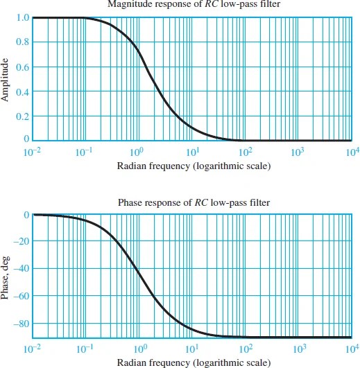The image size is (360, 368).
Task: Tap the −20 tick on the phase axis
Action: click(21, 241)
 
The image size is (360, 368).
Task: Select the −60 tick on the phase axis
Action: click(21, 296)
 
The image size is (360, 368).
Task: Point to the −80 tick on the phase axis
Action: click(21, 323)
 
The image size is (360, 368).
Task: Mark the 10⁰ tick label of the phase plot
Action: click(139, 349)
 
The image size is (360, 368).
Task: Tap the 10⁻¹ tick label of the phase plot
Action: click(85, 349)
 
